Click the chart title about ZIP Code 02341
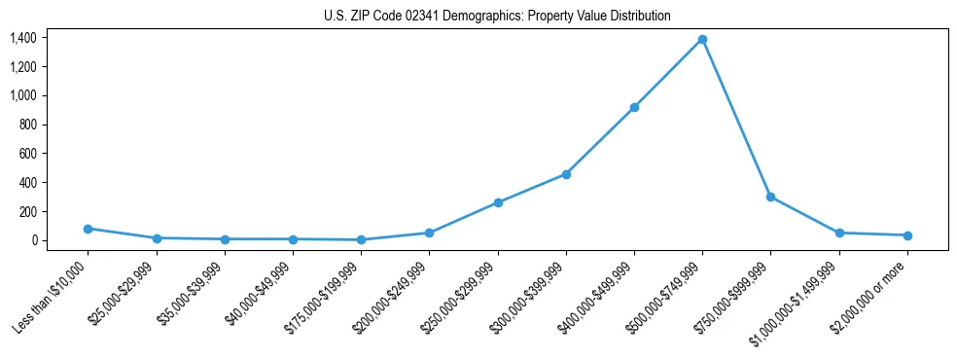click(497, 17)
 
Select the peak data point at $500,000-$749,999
click(702, 39)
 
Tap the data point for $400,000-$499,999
click(634, 107)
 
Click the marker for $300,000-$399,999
click(566, 174)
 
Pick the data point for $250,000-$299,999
click(498, 202)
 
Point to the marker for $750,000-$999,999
click(770, 197)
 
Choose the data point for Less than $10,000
click(89, 229)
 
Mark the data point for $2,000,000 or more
click(907, 235)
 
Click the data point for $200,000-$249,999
click(429, 233)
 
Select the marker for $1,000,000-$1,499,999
click(839, 233)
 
